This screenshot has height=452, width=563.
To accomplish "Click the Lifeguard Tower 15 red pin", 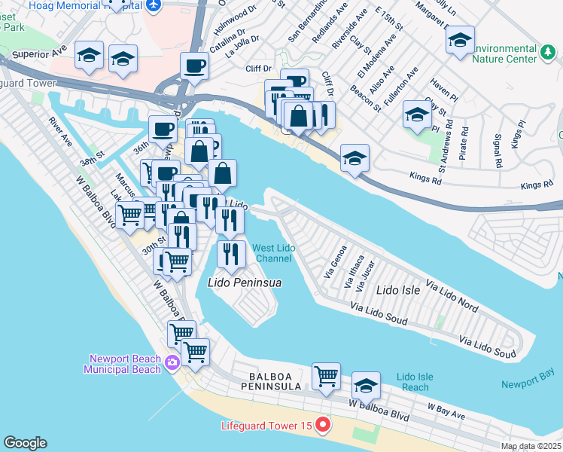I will pos(323,426).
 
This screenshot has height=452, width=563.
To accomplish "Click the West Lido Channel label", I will pos(272,253).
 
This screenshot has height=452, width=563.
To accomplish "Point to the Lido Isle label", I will pos(397,289).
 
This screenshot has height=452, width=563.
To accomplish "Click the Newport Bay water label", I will pos(531,384).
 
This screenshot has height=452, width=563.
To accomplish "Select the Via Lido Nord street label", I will pos(452,296).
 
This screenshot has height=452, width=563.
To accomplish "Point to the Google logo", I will pos(25,443).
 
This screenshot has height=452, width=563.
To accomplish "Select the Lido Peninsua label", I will pos(244,282).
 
